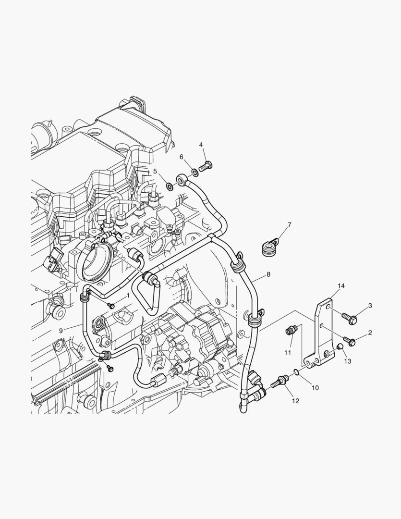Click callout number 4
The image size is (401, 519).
201,145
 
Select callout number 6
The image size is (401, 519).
182,157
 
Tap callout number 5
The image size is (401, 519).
155,171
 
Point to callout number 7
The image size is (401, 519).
289,225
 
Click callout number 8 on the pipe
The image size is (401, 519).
268,274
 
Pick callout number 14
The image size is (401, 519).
340,286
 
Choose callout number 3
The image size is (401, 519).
370,306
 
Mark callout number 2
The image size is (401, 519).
370,333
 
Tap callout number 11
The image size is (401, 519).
288,352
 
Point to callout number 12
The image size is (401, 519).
295,400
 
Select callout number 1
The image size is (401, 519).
128,295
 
